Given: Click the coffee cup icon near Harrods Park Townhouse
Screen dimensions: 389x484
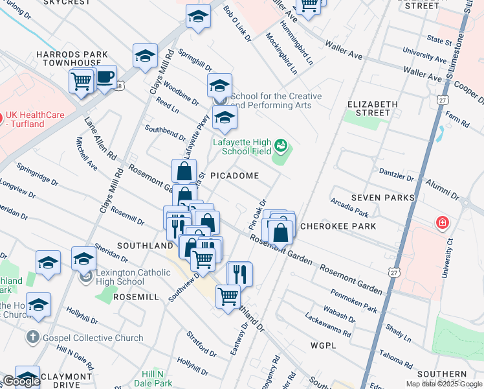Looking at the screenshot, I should pos(104,77).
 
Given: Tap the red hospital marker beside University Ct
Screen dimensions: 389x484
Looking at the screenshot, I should pos(443,224).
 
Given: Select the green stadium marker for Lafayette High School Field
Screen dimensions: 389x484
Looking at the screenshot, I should pos(281,145).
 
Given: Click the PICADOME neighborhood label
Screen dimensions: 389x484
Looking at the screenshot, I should pos(234,176).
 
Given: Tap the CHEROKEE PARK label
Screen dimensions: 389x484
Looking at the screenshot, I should pos(328,227).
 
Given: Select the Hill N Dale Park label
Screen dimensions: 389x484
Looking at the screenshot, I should pos(156,379).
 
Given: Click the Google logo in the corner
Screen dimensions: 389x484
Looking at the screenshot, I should pos(21,381).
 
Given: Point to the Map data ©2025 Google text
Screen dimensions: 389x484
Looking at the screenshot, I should pos(444,384).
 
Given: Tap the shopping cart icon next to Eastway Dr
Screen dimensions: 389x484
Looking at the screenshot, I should pos(228,297).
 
